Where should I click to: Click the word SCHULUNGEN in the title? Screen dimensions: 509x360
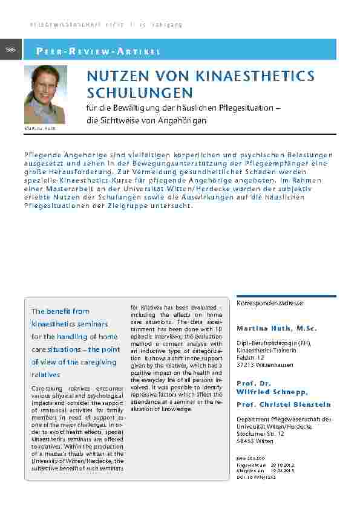(140, 93)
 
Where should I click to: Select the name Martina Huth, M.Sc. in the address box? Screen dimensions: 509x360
(272, 328)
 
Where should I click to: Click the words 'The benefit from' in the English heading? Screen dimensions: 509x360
(60, 311)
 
